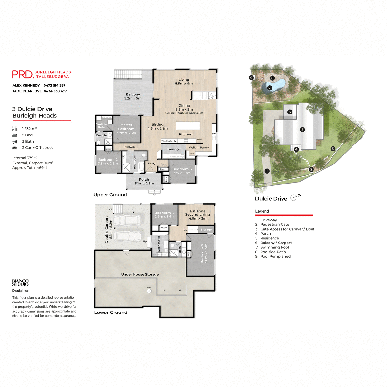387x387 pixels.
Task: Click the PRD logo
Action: [x=23, y=74]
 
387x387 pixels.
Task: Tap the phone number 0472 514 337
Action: [x=55, y=85]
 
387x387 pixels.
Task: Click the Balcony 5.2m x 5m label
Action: [x=133, y=96]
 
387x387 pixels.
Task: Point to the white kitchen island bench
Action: [x=188, y=125]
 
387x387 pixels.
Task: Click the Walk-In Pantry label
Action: [x=199, y=148]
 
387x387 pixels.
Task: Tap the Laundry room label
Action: [x=173, y=149]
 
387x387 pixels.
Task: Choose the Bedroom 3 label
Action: [x=182, y=171]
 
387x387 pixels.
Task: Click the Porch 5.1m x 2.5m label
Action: [x=144, y=182]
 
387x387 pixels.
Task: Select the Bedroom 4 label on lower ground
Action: [x=164, y=214]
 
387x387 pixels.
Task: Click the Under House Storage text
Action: [x=140, y=274]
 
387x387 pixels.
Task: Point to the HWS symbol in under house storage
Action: [x=149, y=291]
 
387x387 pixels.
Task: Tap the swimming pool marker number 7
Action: [x=270, y=88]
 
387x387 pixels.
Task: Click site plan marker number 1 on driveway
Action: [x=267, y=171]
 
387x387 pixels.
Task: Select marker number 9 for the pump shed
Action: [x=251, y=78]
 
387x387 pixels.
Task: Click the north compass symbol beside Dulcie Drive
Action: [x=294, y=198]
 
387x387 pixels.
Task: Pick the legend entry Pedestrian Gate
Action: [x=274, y=224]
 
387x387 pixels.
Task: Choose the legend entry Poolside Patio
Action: [x=273, y=252]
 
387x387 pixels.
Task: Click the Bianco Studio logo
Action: [x=20, y=283]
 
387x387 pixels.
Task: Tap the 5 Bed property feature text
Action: [x=27, y=135]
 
